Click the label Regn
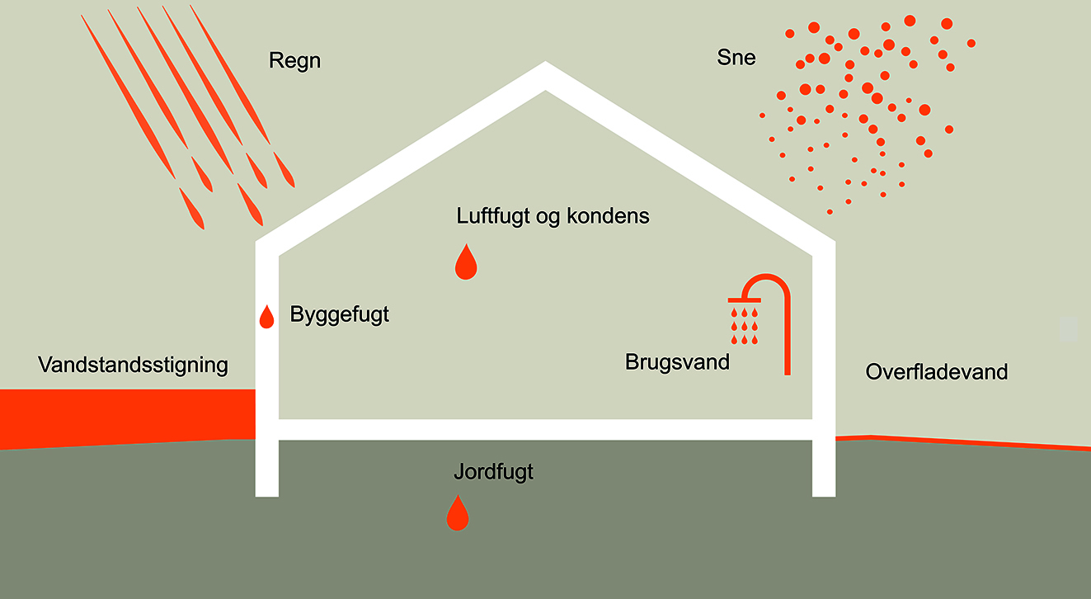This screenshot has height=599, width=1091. (294, 62)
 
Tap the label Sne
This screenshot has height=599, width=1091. (736, 58)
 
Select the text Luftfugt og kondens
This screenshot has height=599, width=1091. (553, 216)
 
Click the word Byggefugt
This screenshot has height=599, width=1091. (339, 314)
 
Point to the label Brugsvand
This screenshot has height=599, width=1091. (677, 361)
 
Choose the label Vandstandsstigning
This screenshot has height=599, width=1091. (133, 366)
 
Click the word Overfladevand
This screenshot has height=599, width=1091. (936, 372)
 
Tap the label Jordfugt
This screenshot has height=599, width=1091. (493, 473)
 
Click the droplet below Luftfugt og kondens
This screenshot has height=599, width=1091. (466, 263)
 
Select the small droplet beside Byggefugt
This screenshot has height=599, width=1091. (266, 318)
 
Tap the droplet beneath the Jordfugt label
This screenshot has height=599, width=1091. (457, 515)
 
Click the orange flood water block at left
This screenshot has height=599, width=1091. (124, 417)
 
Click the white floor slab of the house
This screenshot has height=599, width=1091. (544, 429)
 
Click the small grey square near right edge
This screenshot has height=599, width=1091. (1068, 329)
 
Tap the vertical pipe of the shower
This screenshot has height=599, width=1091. (787, 338)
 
